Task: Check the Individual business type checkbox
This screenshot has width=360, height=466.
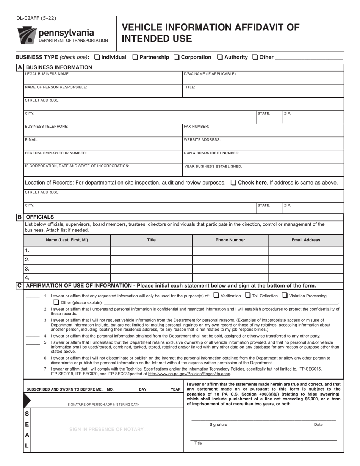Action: [97, 57]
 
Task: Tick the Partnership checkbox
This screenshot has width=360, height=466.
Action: [135, 57]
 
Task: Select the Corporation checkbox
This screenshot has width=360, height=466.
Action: [177, 57]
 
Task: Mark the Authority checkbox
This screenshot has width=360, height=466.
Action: [220, 57]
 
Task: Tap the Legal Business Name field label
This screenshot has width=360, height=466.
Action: [47, 74]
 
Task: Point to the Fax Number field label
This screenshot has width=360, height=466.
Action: [196, 126]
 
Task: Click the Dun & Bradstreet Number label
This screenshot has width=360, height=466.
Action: [211, 153]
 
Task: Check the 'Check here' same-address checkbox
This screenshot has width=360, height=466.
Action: [233, 183]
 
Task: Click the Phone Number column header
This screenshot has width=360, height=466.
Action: [230, 240]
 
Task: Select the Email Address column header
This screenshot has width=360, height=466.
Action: [305, 240]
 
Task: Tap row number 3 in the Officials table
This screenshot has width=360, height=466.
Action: [27, 269]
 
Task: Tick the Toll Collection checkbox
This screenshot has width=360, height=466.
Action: [248, 296]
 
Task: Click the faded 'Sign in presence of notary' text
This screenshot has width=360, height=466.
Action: [106, 429]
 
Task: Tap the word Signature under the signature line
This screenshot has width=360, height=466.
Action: [218, 425]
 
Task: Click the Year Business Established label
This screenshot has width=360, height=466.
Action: [213, 166]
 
